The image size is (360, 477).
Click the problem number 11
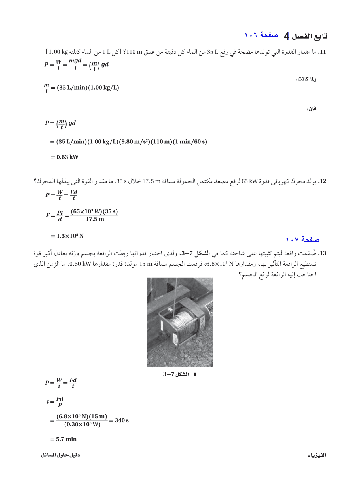point(322,52)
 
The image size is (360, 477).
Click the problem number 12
point(322,181)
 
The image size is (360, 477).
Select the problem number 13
point(322,253)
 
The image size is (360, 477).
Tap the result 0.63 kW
point(67,157)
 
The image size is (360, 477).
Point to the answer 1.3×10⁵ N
point(70,236)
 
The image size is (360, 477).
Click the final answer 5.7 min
point(66,439)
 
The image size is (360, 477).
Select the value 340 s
point(122,420)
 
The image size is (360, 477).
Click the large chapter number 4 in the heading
point(287,36)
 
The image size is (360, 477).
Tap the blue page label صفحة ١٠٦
point(261,35)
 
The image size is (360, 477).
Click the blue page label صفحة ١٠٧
point(302,240)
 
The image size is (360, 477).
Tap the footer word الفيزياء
point(317,455)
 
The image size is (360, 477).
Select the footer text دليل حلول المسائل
point(60,455)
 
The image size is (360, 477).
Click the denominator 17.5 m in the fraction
point(95,219)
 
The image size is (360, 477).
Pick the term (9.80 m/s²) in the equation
point(134,142)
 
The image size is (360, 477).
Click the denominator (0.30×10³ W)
point(82,425)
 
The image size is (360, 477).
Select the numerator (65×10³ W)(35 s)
point(94,211)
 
